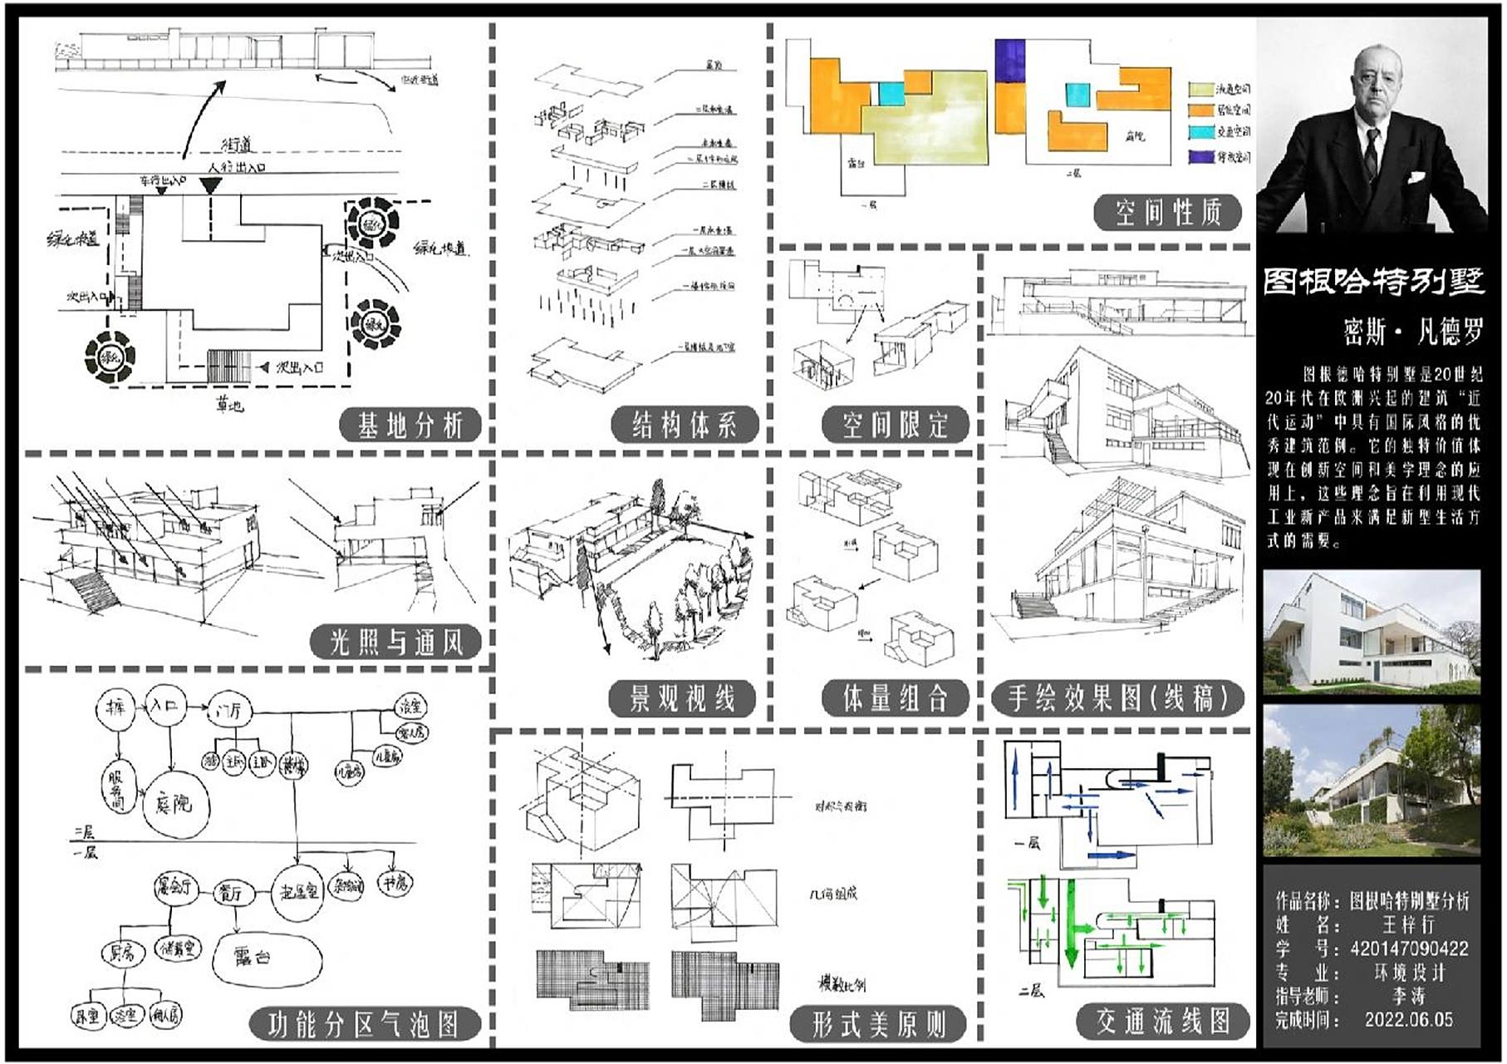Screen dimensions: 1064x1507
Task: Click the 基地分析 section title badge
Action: tap(410, 426)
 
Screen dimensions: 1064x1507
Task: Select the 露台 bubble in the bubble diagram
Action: tap(265, 957)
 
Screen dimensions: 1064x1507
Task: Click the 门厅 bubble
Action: tap(228, 710)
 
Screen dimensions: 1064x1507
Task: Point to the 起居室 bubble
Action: tap(298, 892)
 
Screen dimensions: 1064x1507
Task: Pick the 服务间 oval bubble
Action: tap(116, 786)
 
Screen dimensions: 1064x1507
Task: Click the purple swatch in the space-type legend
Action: tap(1200, 156)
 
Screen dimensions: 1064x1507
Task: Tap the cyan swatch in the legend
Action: tap(1200, 131)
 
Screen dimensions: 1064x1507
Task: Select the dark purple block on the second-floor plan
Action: tap(1010, 61)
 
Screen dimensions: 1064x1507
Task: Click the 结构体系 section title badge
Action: tap(685, 426)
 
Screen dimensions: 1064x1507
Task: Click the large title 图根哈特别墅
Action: tap(1373, 282)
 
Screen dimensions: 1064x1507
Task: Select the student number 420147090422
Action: tap(1409, 948)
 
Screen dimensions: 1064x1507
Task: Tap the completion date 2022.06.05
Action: tap(1409, 1019)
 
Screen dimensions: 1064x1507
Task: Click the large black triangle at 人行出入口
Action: tap(212, 185)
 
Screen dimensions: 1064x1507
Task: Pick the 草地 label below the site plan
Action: tap(229, 405)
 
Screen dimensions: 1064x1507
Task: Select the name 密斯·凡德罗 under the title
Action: tap(1412, 332)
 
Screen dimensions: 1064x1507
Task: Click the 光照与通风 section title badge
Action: tap(395, 642)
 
